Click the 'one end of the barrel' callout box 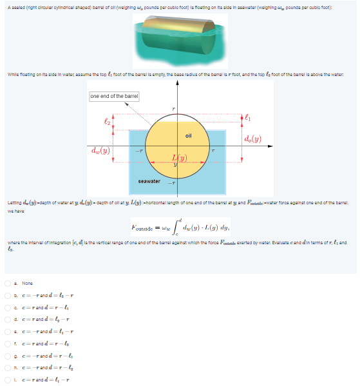pyautogui.click(x=114, y=97)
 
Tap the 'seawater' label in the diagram pyautogui.click(x=149, y=181)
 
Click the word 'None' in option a pyautogui.click(x=27, y=301)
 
